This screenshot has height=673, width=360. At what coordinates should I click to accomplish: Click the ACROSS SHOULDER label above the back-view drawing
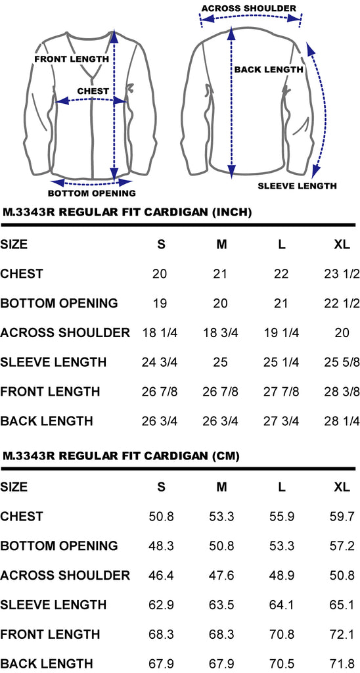(x=248, y=8)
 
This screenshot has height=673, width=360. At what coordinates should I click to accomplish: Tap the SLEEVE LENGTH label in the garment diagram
(x=297, y=186)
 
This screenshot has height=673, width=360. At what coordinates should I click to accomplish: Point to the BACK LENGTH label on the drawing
(x=269, y=70)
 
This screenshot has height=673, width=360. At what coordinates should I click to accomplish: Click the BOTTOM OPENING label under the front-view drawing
(x=91, y=193)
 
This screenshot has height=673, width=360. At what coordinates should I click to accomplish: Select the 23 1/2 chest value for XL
(x=342, y=274)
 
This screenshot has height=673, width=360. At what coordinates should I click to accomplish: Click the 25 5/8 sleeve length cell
(x=342, y=362)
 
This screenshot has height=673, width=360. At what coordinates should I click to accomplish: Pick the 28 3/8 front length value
(x=342, y=392)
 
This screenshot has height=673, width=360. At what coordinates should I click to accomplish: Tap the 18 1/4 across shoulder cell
(x=160, y=333)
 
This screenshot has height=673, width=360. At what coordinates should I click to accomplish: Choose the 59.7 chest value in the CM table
(x=342, y=517)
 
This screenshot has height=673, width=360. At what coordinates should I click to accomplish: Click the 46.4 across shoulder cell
(x=162, y=576)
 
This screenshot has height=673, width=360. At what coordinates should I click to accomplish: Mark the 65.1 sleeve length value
(x=342, y=605)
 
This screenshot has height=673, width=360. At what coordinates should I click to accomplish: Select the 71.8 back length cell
(x=342, y=664)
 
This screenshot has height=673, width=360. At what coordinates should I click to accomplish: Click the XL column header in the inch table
(x=342, y=244)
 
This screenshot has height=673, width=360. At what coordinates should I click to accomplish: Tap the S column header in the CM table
(x=162, y=487)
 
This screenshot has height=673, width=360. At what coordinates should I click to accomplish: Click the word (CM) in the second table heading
(x=226, y=456)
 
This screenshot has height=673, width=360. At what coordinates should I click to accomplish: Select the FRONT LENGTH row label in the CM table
(x=50, y=634)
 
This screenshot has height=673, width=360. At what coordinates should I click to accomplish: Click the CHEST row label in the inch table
(x=22, y=274)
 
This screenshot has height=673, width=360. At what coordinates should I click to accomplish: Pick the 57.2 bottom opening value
(x=342, y=546)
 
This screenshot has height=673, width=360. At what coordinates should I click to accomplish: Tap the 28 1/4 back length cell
(x=342, y=421)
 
